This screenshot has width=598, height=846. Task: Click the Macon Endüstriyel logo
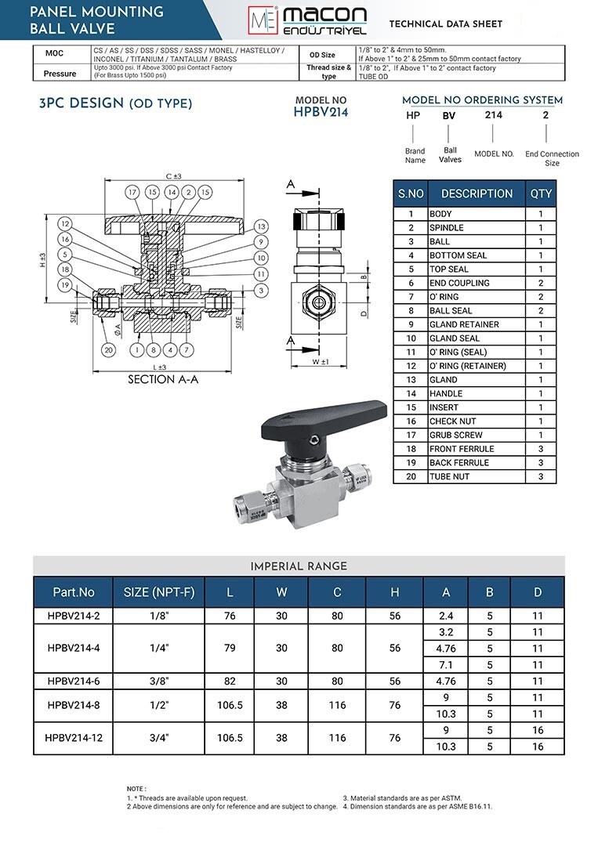pos(308,21)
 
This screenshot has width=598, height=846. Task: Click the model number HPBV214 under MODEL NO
pos(321,112)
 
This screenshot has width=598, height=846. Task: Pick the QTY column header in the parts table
pos(541,193)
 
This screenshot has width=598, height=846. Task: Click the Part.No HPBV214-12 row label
pos(74,738)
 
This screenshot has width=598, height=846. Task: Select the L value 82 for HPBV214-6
pos(230,681)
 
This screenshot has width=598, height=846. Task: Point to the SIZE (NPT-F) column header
pos(158,592)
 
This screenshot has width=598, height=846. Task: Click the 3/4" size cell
pos(159,738)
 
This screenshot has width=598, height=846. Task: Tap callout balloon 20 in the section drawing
pos(108,349)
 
